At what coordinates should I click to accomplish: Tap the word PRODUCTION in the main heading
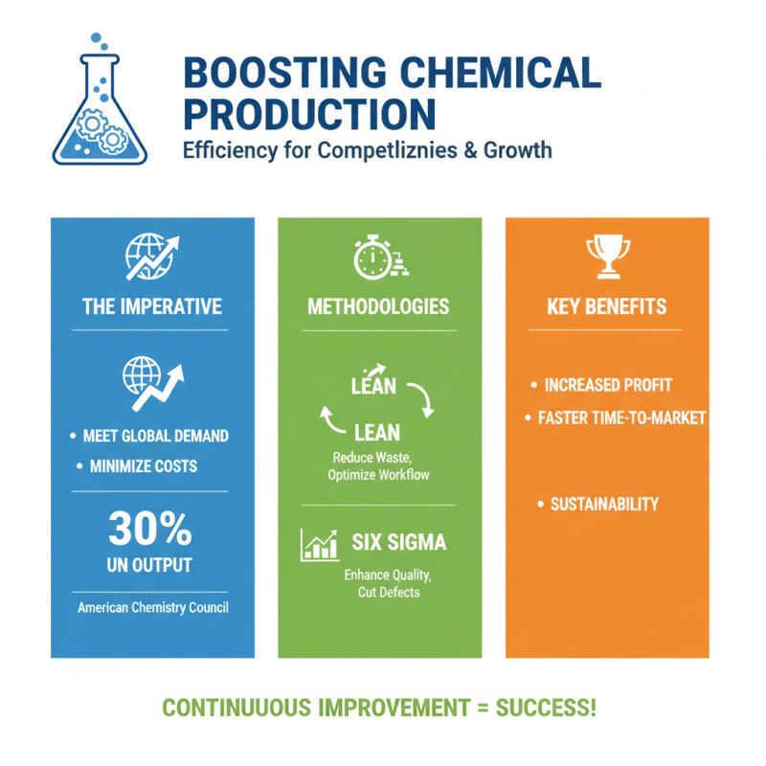(x=309, y=114)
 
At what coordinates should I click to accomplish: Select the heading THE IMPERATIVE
(x=152, y=306)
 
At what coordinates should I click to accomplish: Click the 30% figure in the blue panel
(x=149, y=529)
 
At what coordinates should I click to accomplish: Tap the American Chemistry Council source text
(x=152, y=607)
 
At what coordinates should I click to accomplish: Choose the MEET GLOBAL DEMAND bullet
(x=155, y=436)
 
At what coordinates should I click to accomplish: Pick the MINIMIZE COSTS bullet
(x=143, y=466)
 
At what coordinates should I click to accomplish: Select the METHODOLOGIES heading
(x=378, y=306)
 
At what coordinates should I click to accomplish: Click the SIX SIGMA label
(x=399, y=542)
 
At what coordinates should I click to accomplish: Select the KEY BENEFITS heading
(x=607, y=306)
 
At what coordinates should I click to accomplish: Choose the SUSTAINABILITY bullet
(x=604, y=504)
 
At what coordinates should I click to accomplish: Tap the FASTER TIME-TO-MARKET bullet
(x=621, y=417)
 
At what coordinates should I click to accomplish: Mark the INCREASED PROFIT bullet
(x=608, y=385)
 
